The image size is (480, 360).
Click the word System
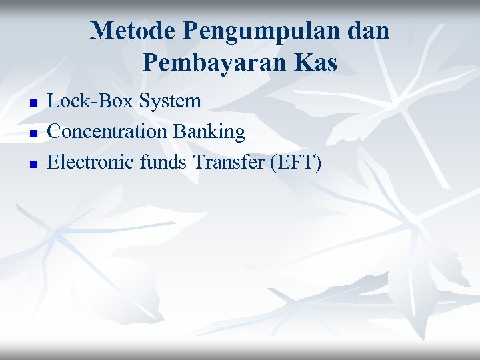(171, 102)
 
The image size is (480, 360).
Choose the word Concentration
(108, 131)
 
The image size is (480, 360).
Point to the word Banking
(209, 132)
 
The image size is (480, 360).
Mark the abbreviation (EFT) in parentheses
(295, 161)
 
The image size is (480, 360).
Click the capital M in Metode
(101, 31)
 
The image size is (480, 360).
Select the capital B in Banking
(179, 131)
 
